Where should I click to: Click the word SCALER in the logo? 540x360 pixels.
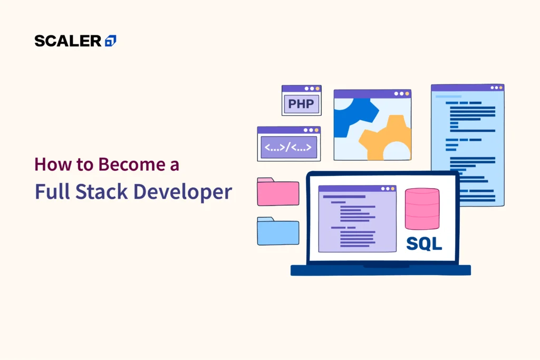(x=68, y=41)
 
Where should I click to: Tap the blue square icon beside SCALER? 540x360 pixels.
(x=111, y=41)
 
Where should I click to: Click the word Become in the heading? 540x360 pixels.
(x=131, y=164)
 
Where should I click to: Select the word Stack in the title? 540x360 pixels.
(x=102, y=191)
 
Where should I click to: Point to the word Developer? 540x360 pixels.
(x=182, y=192)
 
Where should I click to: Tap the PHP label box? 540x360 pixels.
(x=301, y=104)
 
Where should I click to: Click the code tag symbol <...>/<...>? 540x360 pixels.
(x=288, y=147)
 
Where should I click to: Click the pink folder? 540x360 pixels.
(x=278, y=192)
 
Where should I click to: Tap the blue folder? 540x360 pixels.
(x=278, y=231)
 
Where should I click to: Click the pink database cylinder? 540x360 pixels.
(x=422, y=209)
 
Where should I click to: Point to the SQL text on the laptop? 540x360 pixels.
(x=424, y=244)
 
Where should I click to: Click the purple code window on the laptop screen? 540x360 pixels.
(x=357, y=219)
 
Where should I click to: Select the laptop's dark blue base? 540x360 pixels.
(x=381, y=270)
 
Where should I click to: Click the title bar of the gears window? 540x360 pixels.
(x=372, y=94)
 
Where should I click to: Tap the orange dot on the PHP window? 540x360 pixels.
(x=317, y=89)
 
